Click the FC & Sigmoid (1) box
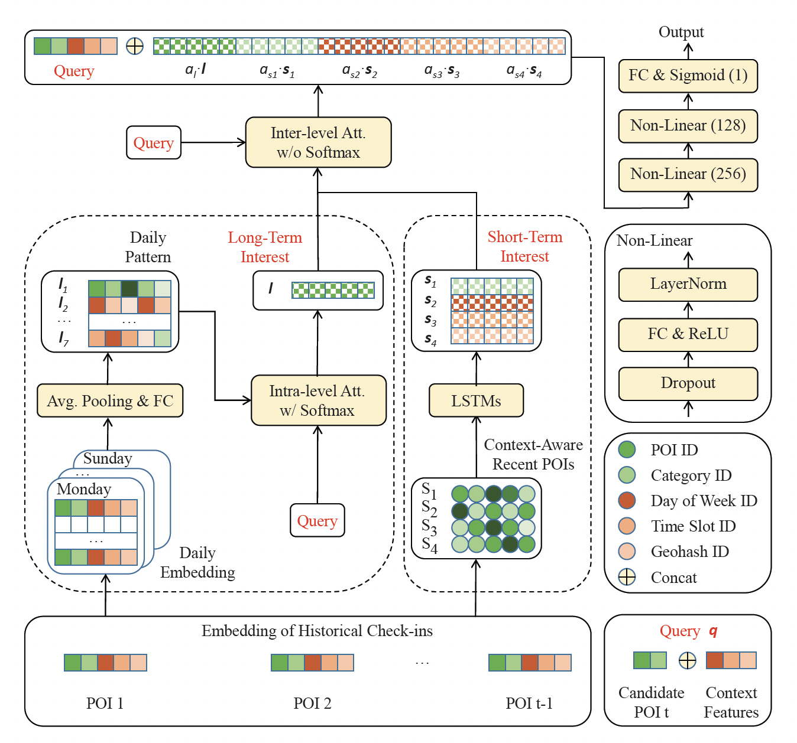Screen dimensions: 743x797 [x=688, y=76]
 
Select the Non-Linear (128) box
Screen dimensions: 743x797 [x=688, y=126]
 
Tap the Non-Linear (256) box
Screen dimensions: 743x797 [x=688, y=174]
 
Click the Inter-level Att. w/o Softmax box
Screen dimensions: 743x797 [x=318, y=142]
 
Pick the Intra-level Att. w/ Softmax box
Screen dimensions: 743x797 [x=318, y=400]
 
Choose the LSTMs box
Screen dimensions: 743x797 [x=476, y=400]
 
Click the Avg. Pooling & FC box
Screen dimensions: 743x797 [x=110, y=400]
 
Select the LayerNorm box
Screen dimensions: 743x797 [x=688, y=284]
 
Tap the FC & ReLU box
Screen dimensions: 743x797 [x=688, y=334]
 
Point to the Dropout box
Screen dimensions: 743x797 [x=688, y=383]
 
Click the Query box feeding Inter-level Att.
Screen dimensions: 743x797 [x=153, y=142]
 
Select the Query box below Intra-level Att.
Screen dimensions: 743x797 [x=317, y=520]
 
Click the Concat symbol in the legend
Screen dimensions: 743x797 [x=627, y=577]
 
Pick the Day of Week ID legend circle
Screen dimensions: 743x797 [x=627, y=500]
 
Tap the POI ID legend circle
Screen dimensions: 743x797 [x=627, y=449]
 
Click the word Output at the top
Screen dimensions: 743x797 [x=681, y=32]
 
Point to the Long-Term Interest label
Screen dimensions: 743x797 [x=265, y=247]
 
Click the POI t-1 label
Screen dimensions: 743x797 [x=529, y=703]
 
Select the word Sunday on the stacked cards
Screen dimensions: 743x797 [x=108, y=458]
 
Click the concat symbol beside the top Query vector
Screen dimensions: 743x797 [x=135, y=46]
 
